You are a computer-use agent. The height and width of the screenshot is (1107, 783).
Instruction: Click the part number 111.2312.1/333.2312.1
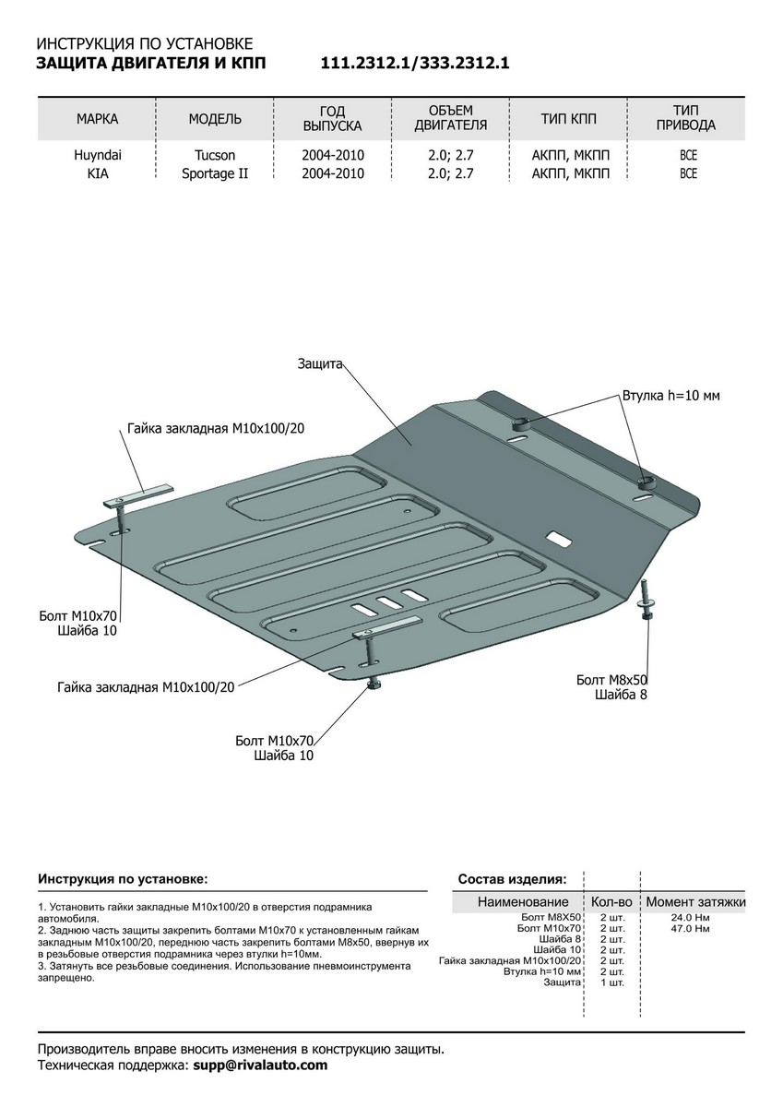pos(415,64)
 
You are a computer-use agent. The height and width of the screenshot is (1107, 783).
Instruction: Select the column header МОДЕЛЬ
pos(215,119)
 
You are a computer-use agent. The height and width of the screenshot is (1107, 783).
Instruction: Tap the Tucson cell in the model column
pos(215,155)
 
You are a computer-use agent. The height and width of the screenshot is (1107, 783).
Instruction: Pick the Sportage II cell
pos(215,173)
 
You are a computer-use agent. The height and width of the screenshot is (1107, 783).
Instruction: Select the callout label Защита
pos(320,364)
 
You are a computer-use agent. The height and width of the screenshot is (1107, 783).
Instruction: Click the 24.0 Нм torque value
pos(691,918)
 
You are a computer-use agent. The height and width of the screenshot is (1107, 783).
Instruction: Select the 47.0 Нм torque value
pos(691,929)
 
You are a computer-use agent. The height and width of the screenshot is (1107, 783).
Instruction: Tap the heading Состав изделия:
pos(512,879)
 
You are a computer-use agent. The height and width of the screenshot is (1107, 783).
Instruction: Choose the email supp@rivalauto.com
pos(258,1065)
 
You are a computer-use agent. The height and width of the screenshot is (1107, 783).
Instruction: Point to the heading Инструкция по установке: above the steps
pos(123,879)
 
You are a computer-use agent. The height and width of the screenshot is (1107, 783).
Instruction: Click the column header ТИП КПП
pos(569,119)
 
